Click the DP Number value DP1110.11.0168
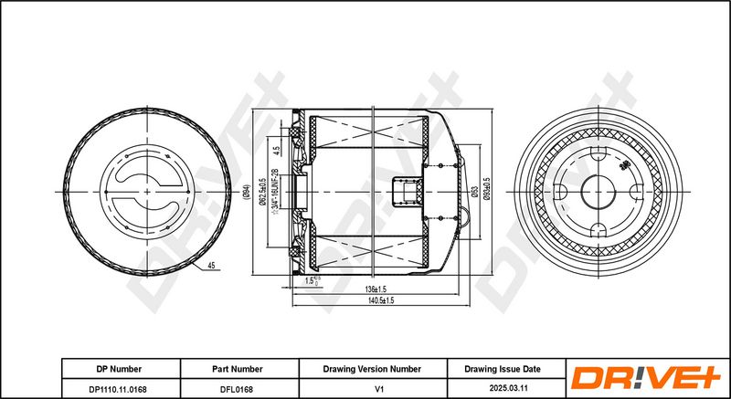(119, 389)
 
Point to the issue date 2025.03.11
(503, 389)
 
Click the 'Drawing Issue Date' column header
(503, 369)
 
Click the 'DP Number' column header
(119, 369)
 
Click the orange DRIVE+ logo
(645, 378)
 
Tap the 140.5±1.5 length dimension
(381, 300)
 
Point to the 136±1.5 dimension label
(374, 289)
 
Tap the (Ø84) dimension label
(248, 193)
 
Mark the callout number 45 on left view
(210, 266)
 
